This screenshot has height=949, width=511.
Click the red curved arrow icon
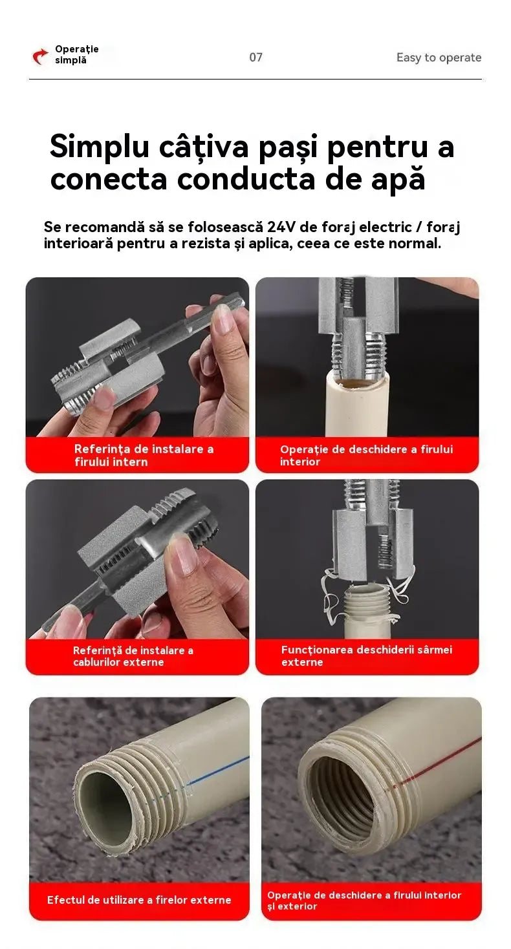pos(40,56)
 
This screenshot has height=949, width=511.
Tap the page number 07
pos(255,57)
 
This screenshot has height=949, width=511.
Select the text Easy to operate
pos(439,57)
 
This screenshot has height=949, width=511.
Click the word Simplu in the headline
pos(99,147)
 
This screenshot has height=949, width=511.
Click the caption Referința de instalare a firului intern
pos(144,455)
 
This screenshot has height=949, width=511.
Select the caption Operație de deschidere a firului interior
pos(366,455)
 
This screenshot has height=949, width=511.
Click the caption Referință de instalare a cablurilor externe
pos(133,656)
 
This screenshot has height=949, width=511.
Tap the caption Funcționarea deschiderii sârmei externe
pos(367,656)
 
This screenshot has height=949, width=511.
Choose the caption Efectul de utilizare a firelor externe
pos(139,900)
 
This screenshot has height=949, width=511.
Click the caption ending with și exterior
pos(364,901)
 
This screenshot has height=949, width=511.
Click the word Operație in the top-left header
pos(77,49)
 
